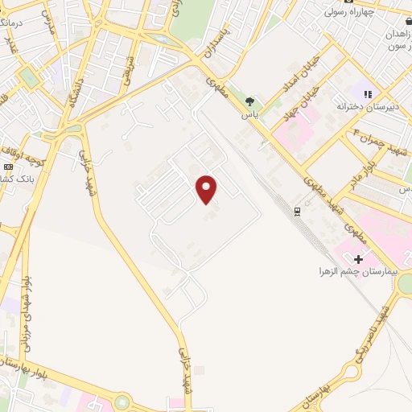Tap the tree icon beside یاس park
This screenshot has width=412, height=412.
pyautogui.click(x=250, y=101)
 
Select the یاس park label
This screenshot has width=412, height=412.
pyautogui.click(x=252, y=114)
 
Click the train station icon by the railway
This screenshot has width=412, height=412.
pyautogui.click(x=298, y=211)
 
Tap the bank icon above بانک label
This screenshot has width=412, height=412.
pyautogui.click(x=9, y=167)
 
